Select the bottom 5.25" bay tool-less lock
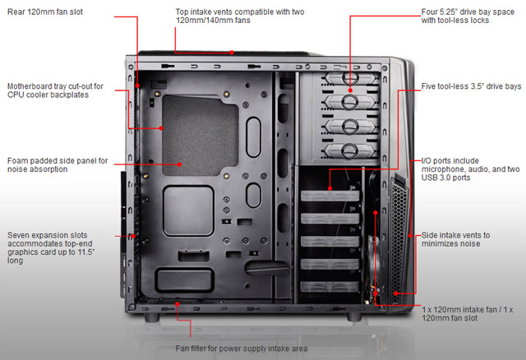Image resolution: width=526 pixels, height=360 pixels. click(349, 149)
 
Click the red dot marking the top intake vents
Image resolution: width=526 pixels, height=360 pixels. click(233, 52)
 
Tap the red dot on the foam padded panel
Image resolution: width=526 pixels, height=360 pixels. click(181, 164)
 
